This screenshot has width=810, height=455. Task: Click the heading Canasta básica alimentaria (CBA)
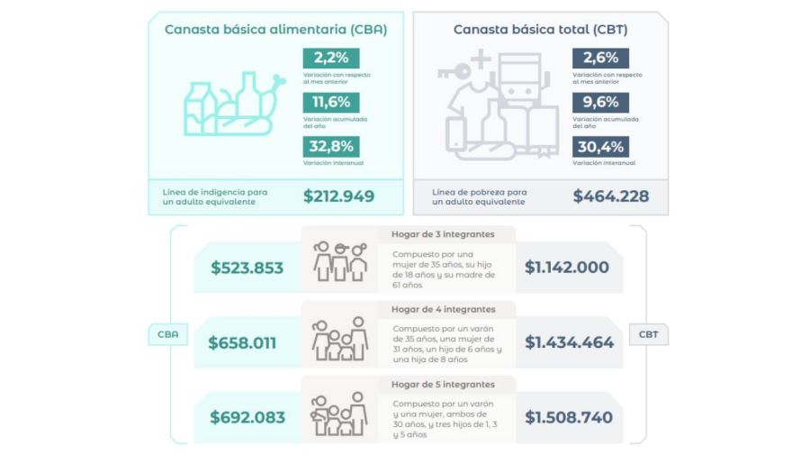pyautogui.click(x=275, y=30)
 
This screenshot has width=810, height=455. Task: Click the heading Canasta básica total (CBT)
pyautogui.click(x=540, y=30)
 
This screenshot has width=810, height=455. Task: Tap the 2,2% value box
pyautogui.click(x=330, y=58)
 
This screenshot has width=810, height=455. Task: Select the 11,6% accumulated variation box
pyautogui.click(x=330, y=102)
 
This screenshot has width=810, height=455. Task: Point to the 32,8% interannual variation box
pyautogui.click(x=330, y=146)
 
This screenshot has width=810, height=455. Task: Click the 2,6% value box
pyautogui.click(x=599, y=58)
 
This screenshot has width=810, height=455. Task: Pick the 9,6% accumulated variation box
pyautogui.click(x=599, y=102)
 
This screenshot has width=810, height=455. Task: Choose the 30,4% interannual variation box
pyautogui.click(x=599, y=146)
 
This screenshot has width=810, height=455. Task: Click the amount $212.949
pyautogui.click(x=338, y=196)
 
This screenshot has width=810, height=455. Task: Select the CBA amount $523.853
pyautogui.click(x=247, y=268)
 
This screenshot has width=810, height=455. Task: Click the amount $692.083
pyautogui.click(x=247, y=417)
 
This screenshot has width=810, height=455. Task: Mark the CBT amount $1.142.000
pyautogui.click(x=567, y=268)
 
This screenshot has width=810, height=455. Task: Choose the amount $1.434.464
pyautogui.click(x=569, y=342)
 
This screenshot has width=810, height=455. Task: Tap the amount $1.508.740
pyautogui.click(x=569, y=417)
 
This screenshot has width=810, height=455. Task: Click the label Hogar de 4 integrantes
pyautogui.click(x=443, y=309)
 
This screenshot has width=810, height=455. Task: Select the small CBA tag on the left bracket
pyautogui.click(x=168, y=334)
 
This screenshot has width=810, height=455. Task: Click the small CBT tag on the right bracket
pyautogui.click(x=648, y=334)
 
